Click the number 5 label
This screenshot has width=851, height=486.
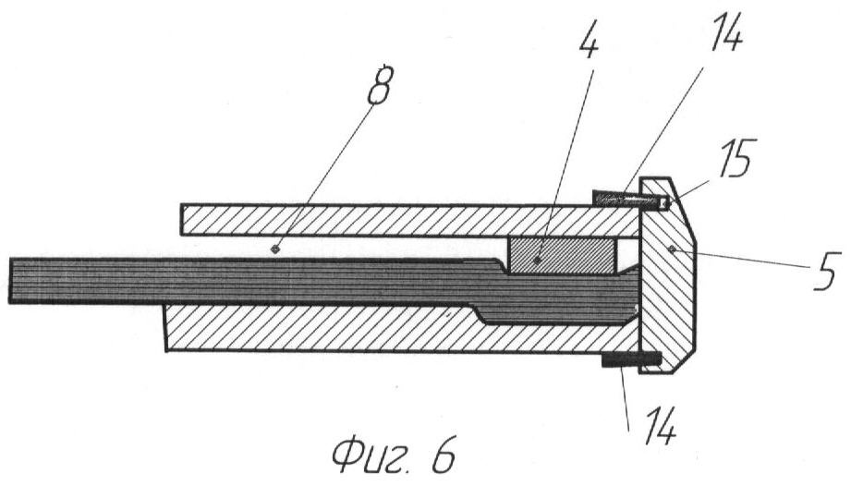pyautogui.click(x=825, y=273)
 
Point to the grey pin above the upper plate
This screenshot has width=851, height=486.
pyautogui.click(x=614, y=198)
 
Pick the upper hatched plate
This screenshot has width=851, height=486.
pyautogui.click(x=407, y=219)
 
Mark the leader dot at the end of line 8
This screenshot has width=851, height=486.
pyautogui.click(x=275, y=248)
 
